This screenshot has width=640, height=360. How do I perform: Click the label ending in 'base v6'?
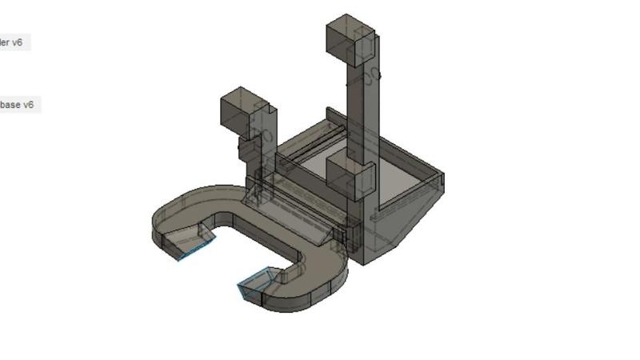pyautogui.click(x=16, y=105)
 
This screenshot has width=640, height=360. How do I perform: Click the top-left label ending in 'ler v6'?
pyautogui.click(x=12, y=42)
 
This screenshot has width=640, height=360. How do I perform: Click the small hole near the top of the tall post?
pyautogui.click(x=372, y=74)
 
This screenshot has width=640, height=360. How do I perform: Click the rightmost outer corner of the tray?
pyautogui.click(x=442, y=174)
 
